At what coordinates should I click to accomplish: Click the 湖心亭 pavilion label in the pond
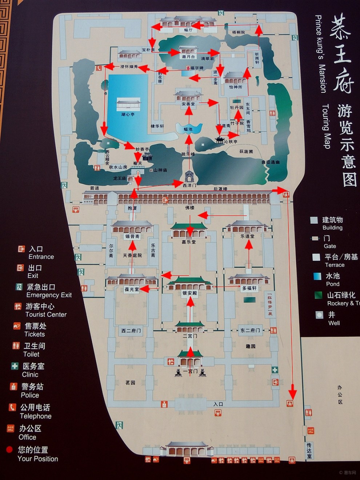pyautogui.click(x=128, y=114)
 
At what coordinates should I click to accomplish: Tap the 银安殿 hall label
pyautogui.click(x=189, y=293)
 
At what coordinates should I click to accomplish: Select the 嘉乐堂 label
pyautogui.click(x=189, y=241)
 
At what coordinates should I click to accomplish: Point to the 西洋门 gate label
pyautogui.click(x=189, y=185)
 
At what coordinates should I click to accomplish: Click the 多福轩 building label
pyautogui.click(x=249, y=288)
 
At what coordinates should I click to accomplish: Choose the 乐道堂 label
pyautogui.click(x=247, y=236)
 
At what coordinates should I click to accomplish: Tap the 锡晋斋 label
pyautogui.click(x=132, y=236)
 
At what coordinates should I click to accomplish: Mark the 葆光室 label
pyautogui.click(x=132, y=289)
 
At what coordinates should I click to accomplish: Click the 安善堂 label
pyautogui.click(x=188, y=104)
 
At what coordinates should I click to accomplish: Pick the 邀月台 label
pyautogui.click(x=188, y=57)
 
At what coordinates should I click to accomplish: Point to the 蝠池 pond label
pyautogui.click(x=188, y=129)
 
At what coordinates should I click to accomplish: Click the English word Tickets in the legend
pyautogui.click(x=35, y=334)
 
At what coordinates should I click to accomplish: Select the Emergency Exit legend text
pyautogui.click(x=49, y=295)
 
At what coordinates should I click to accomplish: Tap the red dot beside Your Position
pyautogui.click(x=9, y=450)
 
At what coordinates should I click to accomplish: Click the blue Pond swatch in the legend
pyautogui.click(x=317, y=276)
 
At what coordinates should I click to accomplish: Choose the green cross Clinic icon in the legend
pyautogui.click(x=15, y=366)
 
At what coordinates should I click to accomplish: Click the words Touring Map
pyautogui.click(x=326, y=127)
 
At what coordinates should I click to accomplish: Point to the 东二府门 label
pyautogui.click(x=250, y=331)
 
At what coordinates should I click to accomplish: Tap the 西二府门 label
pyautogui.click(x=131, y=331)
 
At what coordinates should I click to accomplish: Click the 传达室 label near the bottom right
pyautogui.click(x=309, y=450)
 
